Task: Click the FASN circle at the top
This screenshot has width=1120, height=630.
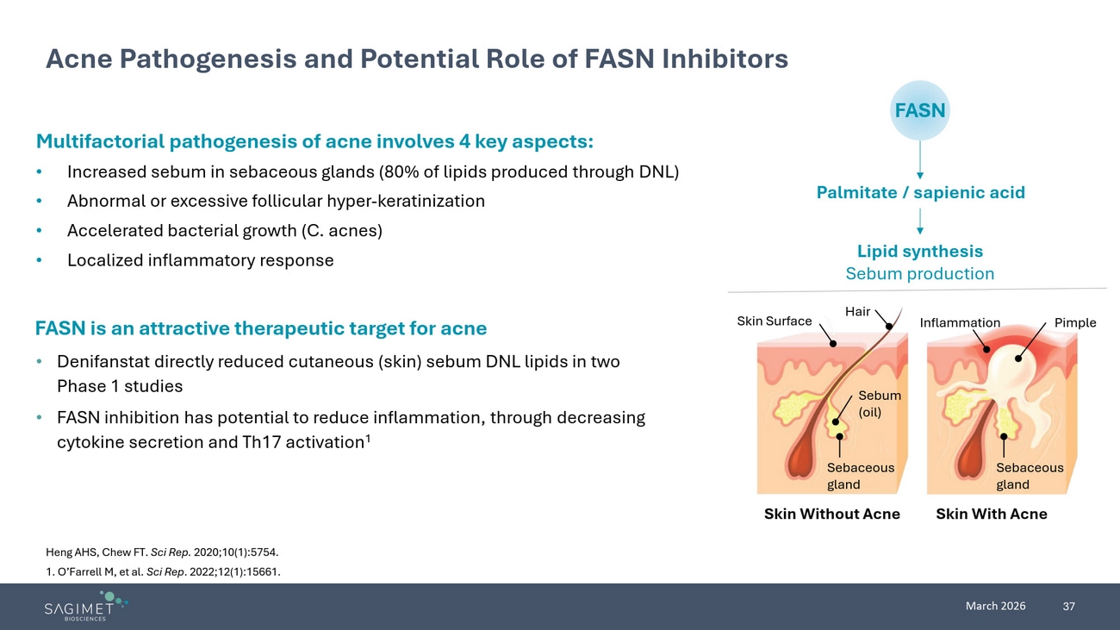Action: [x=919, y=110]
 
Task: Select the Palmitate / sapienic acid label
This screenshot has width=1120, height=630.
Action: [x=920, y=192]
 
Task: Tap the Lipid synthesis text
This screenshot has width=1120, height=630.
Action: [x=919, y=251]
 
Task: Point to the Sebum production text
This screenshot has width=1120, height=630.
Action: [x=919, y=273]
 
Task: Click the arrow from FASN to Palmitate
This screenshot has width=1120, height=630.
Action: [x=920, y=160]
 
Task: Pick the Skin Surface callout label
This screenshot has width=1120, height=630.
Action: [x=774, y=321]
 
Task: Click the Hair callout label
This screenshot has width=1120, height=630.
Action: [x=857, y=311]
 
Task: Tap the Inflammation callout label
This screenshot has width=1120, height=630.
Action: [x=960, y=323]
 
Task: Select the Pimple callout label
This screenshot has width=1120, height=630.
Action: [x=1075, y=322]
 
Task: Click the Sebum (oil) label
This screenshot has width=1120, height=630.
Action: [x=880, y=403]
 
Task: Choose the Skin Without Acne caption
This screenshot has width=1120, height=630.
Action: [x=831, y=514]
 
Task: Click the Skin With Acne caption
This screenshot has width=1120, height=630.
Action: [x=991, y=514]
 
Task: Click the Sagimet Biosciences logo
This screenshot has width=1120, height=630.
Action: [x=85, y=606]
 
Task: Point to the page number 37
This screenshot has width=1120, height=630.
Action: [x=1068, y=607]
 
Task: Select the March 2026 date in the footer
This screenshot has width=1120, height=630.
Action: [x=995, y=606]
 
